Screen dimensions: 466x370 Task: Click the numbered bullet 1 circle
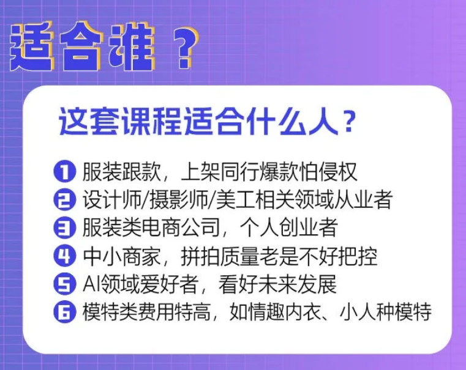64,171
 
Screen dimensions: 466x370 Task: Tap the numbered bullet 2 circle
64,200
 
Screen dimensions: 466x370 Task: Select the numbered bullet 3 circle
64,228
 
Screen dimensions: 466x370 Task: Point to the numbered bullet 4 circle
64,256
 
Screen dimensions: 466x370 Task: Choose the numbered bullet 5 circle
64,284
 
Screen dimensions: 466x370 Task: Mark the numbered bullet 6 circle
64,312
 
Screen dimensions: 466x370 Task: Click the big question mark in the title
185,48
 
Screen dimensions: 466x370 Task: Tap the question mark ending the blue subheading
347,122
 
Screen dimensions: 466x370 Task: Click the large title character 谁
132,46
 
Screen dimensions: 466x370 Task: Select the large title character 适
33,46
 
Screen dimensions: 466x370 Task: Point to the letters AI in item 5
91,284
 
